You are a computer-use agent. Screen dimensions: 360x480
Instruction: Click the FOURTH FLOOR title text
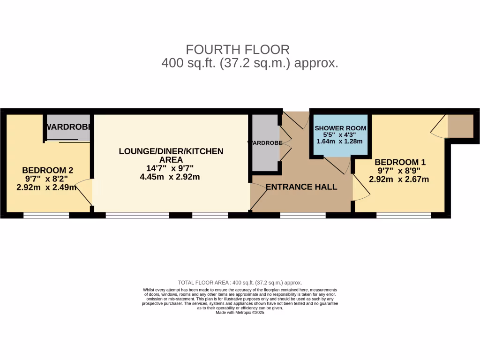(238, 49)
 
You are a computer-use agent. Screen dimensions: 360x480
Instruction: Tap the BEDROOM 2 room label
(48, 170)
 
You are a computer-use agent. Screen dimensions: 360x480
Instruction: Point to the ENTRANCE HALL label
(301, 187)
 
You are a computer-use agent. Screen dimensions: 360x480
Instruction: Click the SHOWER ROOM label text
(340, 128)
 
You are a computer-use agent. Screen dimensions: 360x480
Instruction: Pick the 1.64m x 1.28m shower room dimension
(340, 141)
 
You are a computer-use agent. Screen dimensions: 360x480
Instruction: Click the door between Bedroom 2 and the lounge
(84, 192)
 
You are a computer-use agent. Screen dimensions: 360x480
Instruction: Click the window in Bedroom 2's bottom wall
(46, 216)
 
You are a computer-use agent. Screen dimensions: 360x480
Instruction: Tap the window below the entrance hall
(303, 216)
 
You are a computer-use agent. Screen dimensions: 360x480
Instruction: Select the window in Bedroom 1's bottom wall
(404, 216)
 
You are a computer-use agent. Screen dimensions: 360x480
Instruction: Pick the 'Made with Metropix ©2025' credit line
(240, 313)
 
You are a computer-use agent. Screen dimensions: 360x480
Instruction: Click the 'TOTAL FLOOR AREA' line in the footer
(240, 283)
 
